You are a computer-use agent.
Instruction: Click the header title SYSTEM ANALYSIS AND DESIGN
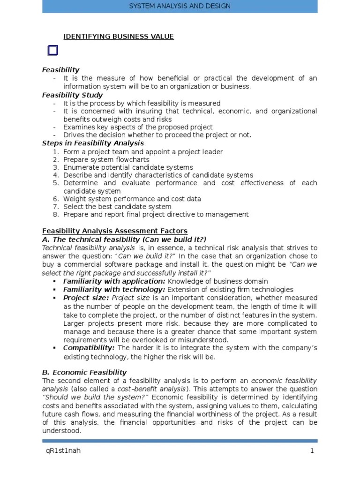[x=180, y=6]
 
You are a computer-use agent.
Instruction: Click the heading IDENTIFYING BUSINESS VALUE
[x=119, y=37]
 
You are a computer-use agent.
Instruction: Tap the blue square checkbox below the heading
[x=52, y=51]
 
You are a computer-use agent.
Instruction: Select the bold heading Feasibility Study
[x=72, y=95]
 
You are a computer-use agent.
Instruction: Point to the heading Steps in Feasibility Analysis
[x=93, y=143]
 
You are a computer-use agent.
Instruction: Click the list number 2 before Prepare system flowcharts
[x=56, y=159]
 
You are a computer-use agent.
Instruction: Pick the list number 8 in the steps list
[x=56, y=215]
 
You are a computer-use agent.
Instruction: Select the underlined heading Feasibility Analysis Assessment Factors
[x=115, y=231]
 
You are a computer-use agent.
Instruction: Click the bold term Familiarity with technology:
[x=114, y=290]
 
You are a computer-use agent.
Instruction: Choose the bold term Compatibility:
[x=89, y=348]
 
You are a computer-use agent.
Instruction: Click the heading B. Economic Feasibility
[x=84, y=373]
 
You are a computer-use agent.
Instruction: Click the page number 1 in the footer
[x=312, y=451]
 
